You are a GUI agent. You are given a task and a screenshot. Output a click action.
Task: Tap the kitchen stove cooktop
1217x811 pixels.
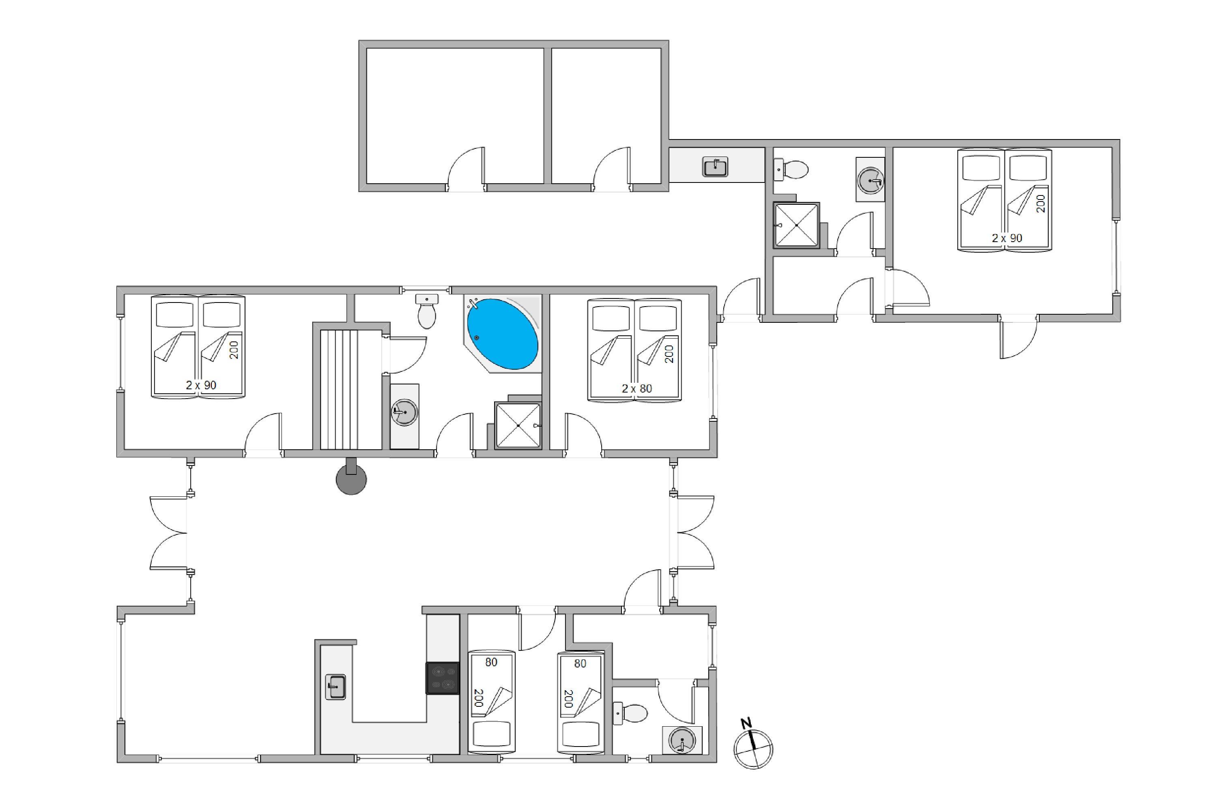click(x=443, y=678)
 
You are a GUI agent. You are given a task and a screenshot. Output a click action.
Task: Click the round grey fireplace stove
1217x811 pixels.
click(x=351, y=479)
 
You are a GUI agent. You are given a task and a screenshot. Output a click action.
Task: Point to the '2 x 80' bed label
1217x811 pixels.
click(x=636, y=388)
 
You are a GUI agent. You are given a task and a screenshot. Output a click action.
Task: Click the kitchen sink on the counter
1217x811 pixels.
click(x=335, y=687)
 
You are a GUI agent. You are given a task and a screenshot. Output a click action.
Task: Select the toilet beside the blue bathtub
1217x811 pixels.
click(x=427, y=311)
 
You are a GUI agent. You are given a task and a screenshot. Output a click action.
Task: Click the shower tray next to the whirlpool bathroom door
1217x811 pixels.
click(x=518, y=425)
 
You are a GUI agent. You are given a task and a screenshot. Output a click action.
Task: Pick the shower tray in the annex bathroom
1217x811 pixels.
click(x=796, y=225)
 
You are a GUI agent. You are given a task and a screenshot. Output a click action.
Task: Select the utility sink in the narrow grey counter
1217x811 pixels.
click(x=715, y=167)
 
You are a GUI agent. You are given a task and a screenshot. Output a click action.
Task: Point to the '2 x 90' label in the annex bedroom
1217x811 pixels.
click(x=1007, y=238)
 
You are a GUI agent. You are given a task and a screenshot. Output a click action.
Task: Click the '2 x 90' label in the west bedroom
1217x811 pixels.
click(x=201, y=385)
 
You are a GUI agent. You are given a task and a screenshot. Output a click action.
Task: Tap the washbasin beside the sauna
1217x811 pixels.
click(x=404, y=413)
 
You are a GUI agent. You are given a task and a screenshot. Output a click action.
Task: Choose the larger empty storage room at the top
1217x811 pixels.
click(x=455, y=116)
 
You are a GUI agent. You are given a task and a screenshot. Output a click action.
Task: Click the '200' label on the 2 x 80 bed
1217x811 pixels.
click(x=669, y=354)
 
